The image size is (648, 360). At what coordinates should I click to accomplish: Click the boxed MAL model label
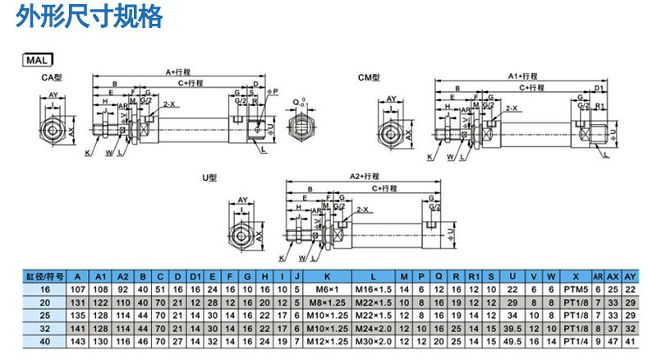pyautogui.click(x=36, y=60)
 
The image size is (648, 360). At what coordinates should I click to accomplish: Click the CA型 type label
pyautogui.click(x=53, y=77)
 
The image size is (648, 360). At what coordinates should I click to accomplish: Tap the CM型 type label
pyautogui.click(x=369, y=78)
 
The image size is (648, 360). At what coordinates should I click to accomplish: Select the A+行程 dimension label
pyautogui.click(x=179, y=72)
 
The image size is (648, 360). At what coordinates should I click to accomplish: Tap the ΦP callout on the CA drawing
pyautogui.click(x=273, y=91)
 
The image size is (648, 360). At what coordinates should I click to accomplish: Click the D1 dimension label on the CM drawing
pyautogui.click(x=600, y=88)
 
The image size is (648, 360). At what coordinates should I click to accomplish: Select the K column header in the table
pyautogui.click(x=327, y=276)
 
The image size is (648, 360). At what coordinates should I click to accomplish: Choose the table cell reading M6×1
pyautogui.click(x=327, y=289)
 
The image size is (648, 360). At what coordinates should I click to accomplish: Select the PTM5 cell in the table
pyautogui.click(x=575, y=289)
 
